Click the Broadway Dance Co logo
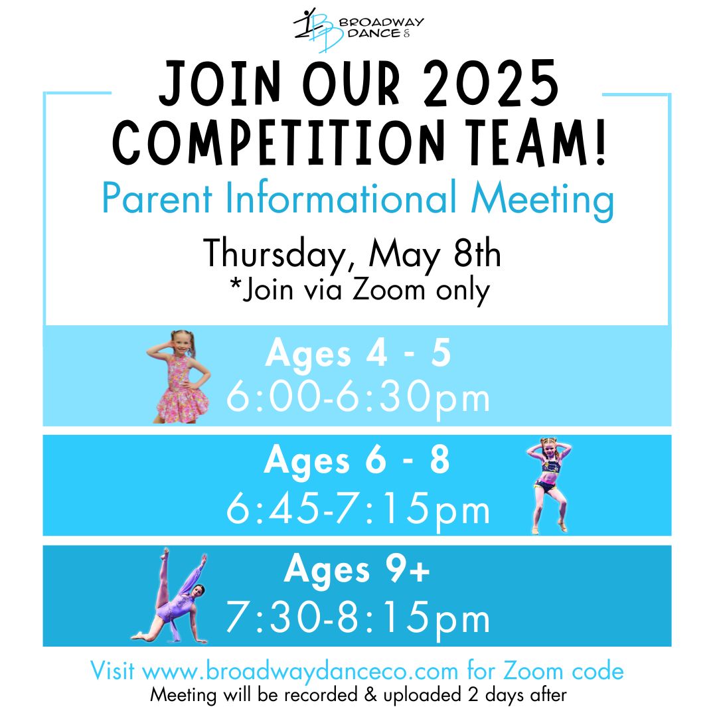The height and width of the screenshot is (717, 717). (x=358, y=30)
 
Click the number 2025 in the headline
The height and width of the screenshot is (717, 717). (x=491, y=84)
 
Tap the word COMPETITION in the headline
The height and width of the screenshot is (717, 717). (x=279, y=141)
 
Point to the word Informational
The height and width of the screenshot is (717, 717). (x=341, y=199)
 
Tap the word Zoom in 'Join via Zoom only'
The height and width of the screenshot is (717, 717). (x=388, y=290)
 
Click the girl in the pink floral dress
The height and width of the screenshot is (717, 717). (x=179, y=376)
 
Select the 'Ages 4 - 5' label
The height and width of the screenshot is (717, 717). (x=358, y=353)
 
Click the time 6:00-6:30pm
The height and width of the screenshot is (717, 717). (x=358, y=398)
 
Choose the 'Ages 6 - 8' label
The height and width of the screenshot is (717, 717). (x=357, y=461)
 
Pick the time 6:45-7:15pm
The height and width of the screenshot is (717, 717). (x=358, y=509)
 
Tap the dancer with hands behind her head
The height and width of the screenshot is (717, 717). (x=549, y=485)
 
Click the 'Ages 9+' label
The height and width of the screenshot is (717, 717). (x=357, y=570)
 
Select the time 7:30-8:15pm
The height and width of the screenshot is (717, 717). (x=358, y=618)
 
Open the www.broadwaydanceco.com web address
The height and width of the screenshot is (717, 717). (x=301, y=671)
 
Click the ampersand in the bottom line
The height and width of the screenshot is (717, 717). (x=371, y=694)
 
